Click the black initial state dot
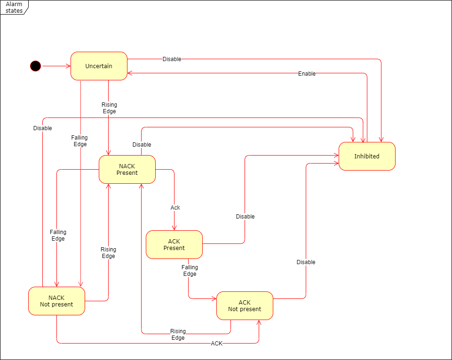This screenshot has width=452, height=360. point(36,66)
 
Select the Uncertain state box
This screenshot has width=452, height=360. point(99,66)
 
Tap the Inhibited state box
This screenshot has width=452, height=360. point(367,156)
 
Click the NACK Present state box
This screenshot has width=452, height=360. point(127,169)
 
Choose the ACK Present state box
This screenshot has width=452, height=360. point(174,244)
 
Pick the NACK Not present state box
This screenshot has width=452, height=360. point(56,301)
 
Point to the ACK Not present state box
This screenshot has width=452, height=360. point(245,305)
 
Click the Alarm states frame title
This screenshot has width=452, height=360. point(14,7)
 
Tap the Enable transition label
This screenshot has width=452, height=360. point(307,74)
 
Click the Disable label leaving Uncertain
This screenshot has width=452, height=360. point(172,59)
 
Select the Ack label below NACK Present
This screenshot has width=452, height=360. point(175,208)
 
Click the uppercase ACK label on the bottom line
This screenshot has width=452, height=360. point(216,344)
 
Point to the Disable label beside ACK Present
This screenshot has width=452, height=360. point(245,217)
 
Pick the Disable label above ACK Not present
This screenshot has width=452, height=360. point(306,262)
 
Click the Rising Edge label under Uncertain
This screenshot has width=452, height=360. point(109,108)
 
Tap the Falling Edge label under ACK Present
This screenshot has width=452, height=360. point(190,271)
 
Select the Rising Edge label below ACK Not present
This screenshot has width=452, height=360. point(178,334)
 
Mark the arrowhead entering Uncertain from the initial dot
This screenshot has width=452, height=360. point(68,66)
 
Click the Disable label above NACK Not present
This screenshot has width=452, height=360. point(42,128)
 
